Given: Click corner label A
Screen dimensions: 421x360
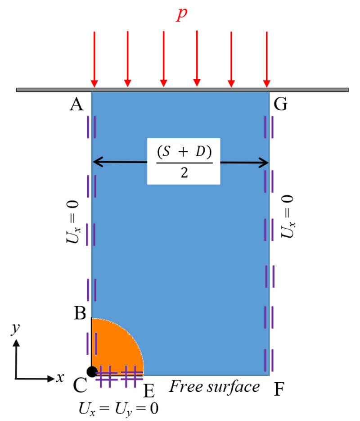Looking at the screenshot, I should pyautogui.click(x=77, y=105).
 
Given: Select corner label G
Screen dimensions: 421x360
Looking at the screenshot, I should pyautogui.click(x=280, y=105).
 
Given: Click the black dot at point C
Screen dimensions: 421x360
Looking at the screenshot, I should pyautogui.click(x=92, y=371).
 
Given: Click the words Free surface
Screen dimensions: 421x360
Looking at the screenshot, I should pyautogui.click(x=215, y=387).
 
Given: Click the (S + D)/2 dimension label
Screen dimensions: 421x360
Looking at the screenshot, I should pyautogui.click(x=184, y=161).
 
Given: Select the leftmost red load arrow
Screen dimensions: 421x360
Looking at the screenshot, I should pyautogui.click(x=94, y=59).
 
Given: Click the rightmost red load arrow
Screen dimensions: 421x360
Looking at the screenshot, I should pyautogui.click(x=267, y=59).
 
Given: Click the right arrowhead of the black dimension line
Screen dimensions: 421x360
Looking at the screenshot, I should pyautogui.click(x=265, y=163).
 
